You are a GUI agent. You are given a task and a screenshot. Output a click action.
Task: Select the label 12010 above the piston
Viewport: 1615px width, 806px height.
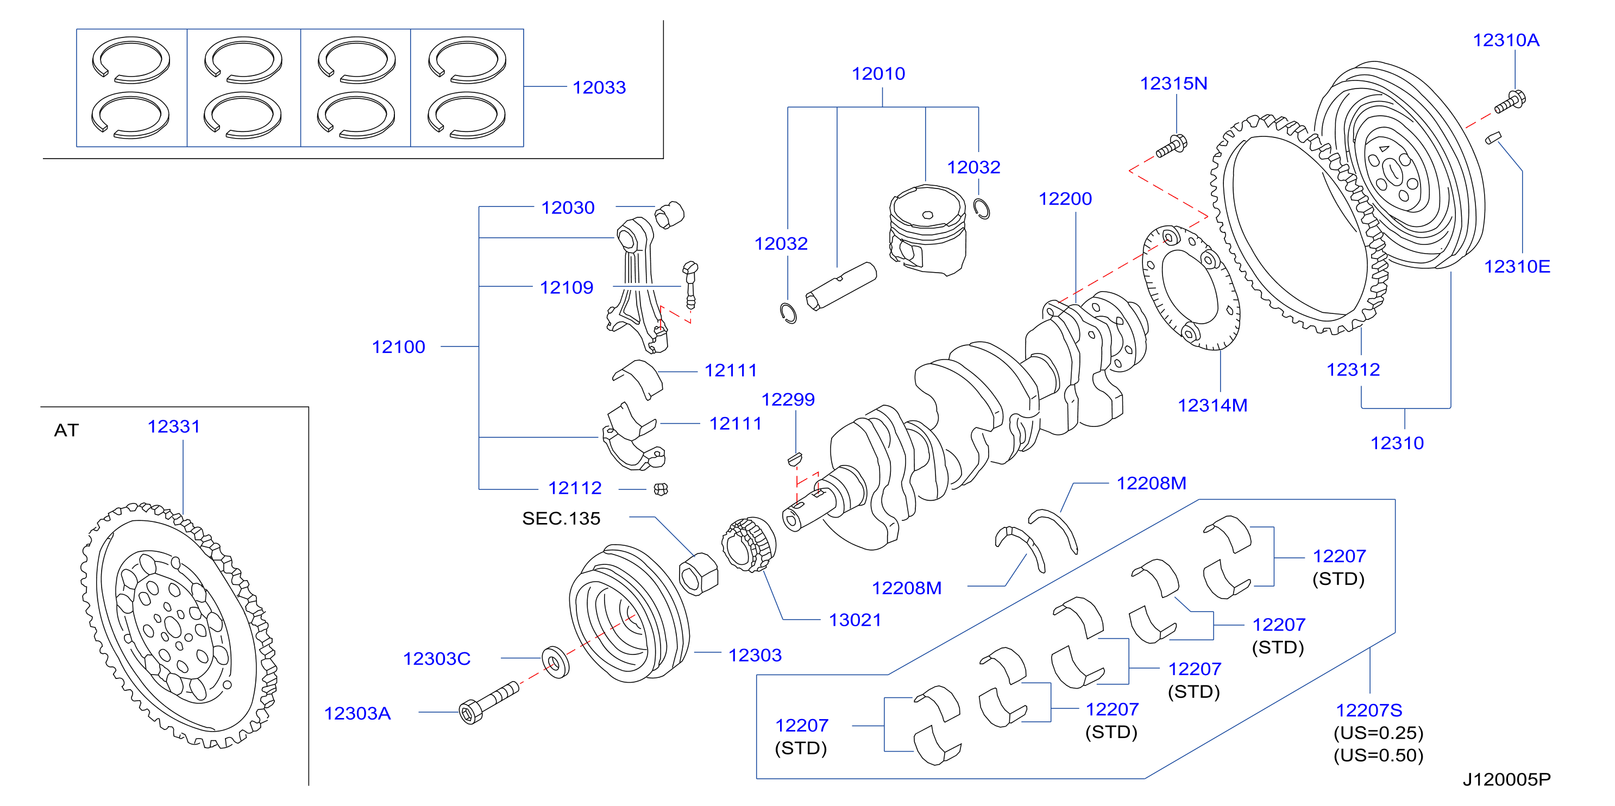click(x=878, y=73)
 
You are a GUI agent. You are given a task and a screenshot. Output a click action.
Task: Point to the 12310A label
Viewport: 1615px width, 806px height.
click(x=1505, y=40)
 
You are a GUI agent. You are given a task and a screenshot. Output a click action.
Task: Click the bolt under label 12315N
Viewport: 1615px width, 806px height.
click(x=1171, y=147)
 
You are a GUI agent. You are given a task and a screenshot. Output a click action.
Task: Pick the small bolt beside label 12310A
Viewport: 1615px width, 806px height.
click(x=1510, y=102)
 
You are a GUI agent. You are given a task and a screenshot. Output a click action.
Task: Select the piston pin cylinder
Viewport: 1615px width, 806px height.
click(x=841, y=286)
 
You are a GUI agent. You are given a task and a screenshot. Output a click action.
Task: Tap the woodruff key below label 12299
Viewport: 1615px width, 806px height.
click(x=795, y=459)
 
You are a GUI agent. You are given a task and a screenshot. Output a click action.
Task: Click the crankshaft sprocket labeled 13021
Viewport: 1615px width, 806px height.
click(x=749, y=544)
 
